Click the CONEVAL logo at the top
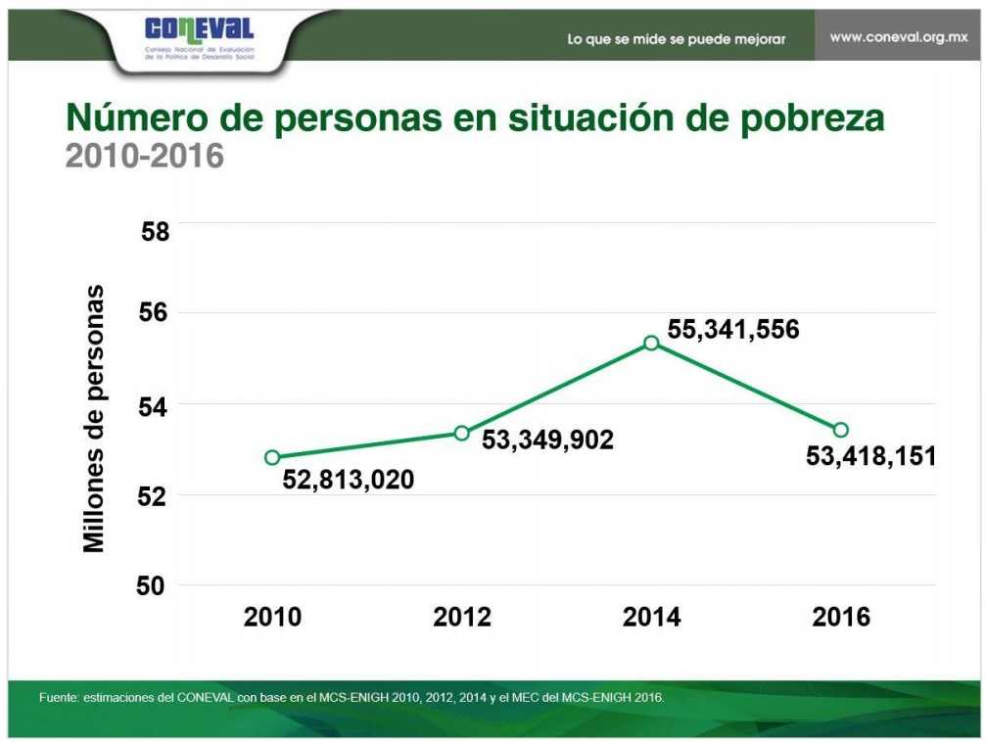click(x=199, y=39)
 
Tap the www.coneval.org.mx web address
click(x=898, y=37)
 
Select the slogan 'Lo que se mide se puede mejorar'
click(x=676, y=39)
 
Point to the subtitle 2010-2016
click(x=144, y=156)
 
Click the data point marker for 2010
click(x=272, y=457)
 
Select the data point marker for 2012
click(x=462, y=433)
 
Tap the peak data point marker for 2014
click(x=651, y=343)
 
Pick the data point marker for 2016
click(x=840, y=430)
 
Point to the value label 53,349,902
click(x=547, y=440)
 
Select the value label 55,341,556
click(x=733, y=329)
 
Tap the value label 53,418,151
click(x=870, y=455)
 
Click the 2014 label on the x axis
click(x=651, y=618)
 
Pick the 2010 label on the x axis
click(x=272, y=618)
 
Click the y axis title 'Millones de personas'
click(x=94, y=419)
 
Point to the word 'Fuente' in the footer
click(x=57, y=698)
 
